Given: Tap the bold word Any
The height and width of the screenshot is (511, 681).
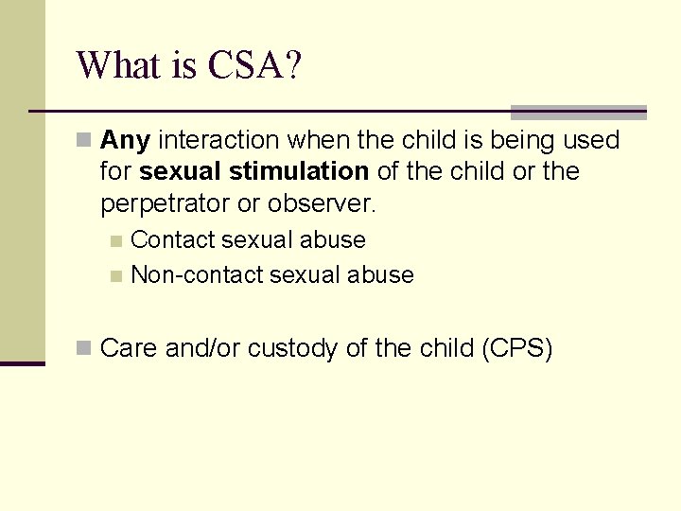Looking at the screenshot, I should click(125, 141).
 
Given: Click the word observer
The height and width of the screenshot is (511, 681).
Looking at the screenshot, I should click(322, 203).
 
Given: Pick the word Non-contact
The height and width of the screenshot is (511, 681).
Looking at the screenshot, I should click(197, 275).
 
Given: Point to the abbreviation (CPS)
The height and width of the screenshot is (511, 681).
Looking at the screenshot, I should click(516, 348).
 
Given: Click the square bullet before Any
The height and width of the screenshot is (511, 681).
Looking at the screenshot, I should click(84, 142).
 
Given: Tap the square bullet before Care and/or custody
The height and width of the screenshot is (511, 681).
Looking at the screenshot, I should click(84, 349).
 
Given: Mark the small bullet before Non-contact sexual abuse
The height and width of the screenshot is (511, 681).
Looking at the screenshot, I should click(116, 276).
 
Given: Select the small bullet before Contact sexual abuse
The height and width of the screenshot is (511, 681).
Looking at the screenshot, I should click(116, 241).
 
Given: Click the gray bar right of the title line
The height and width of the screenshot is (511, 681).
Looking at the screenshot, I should click(578, 112).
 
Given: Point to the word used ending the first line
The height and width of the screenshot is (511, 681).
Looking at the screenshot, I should click(590, 141).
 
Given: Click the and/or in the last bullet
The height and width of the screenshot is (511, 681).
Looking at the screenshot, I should click(202, 348).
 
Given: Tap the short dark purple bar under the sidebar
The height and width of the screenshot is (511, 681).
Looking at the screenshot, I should click(22, 363).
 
